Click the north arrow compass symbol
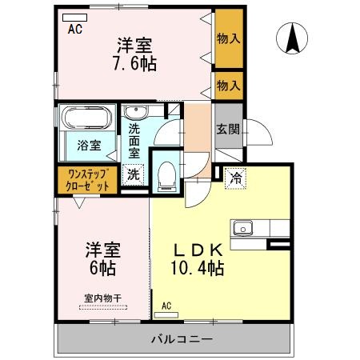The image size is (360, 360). point(293,37)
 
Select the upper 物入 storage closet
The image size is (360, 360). point(228,38)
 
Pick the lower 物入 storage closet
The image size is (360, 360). point(228,83)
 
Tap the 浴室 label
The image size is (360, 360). point(89,146)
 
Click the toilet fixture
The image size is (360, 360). point(166,174)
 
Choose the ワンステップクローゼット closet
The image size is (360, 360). point(88,179)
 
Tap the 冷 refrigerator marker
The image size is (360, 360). point(236,178)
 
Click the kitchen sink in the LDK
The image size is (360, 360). point(242,228)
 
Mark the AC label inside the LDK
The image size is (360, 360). point(166,305)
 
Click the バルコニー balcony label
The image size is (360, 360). point(182,338)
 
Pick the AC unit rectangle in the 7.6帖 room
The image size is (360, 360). point(74,16)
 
